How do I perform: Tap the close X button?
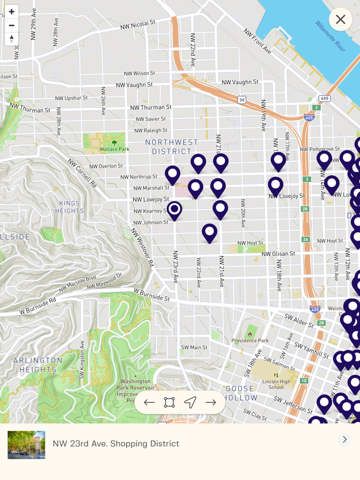[x=340, y=20]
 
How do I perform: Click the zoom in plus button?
[x=11, y=11]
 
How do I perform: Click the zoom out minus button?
[x=11, y=25]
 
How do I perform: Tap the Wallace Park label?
[x=114, y=149]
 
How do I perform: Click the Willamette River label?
[x=330, y=35]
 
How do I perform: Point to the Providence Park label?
[x=250, y=340]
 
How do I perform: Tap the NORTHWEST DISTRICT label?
[x=171, y=146]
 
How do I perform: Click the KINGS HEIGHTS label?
[x=69, y=207]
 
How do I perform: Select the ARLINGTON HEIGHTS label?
[x=38, y=364]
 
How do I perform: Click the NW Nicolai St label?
[x=137, y=24]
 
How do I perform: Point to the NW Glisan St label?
[x=278, y=253]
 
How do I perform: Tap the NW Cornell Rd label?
[x=82, y=172]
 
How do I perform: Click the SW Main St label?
[x=194, y=347]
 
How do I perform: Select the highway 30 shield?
[x=242, y=99]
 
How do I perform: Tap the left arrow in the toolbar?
[x=149, y=402]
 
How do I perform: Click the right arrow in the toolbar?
[x=211, y=402]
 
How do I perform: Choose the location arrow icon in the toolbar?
[x=190, y=402]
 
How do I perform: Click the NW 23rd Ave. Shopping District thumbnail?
[x=26, y=445]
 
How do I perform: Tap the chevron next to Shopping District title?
[x=344, y=440]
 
